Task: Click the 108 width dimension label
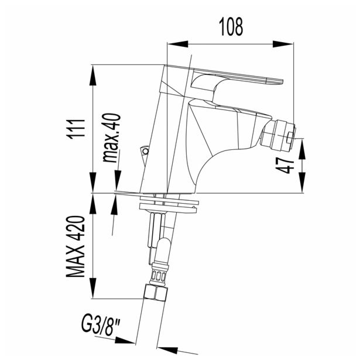click(x=231, y=26)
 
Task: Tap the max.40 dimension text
click(x=112, y=137)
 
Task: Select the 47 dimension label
click(x=286, y=165)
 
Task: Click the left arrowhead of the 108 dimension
click(x=176, y=43)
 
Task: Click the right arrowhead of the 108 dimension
click(x=284, y=43)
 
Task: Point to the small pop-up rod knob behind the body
click(x=143, y=152)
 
